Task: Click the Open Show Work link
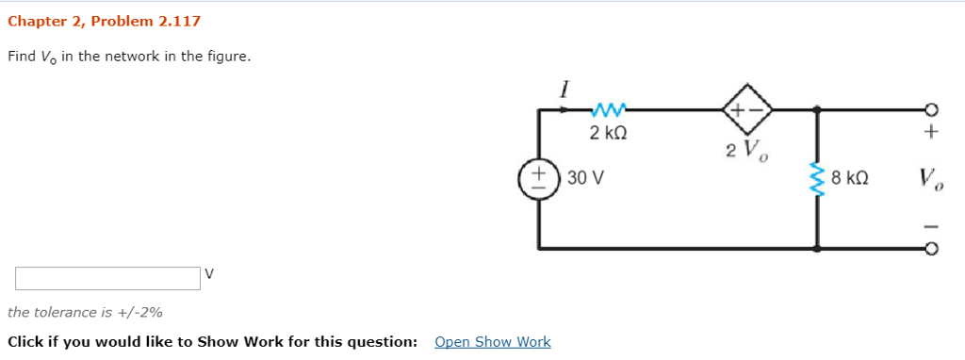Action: (492, 341)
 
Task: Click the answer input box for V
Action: (106, 278)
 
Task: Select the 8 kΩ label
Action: (850, 177)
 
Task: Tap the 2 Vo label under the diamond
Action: (744, 150)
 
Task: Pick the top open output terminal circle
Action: (931, 109)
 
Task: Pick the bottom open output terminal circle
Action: (931, 250)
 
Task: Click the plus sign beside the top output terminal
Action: (931, 133)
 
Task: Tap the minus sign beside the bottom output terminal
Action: (931, 226)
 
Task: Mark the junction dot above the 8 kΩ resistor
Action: (816, 109)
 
